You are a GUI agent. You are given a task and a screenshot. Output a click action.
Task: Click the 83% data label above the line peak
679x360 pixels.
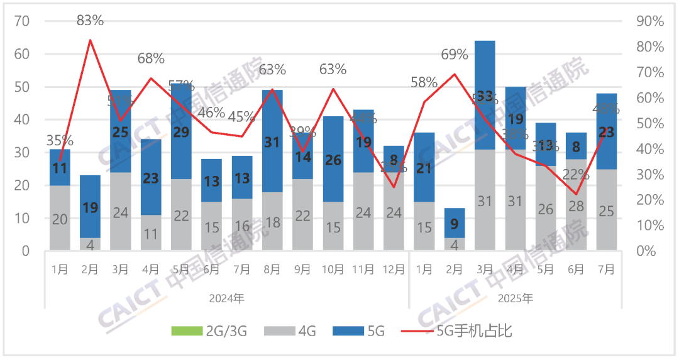pos(90,21)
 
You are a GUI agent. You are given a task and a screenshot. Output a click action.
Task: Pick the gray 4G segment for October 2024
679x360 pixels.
pos(333,226)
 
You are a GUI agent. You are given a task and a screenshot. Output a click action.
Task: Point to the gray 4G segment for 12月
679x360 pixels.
pos(394,212)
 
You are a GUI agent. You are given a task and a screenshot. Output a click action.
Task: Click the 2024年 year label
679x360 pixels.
pos(226,298)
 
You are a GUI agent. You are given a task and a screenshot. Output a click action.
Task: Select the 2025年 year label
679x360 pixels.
pos(516,298)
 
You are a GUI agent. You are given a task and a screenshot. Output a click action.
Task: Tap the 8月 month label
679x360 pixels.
pos(272,269)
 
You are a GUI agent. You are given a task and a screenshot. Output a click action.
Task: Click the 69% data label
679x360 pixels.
pos(454,55)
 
